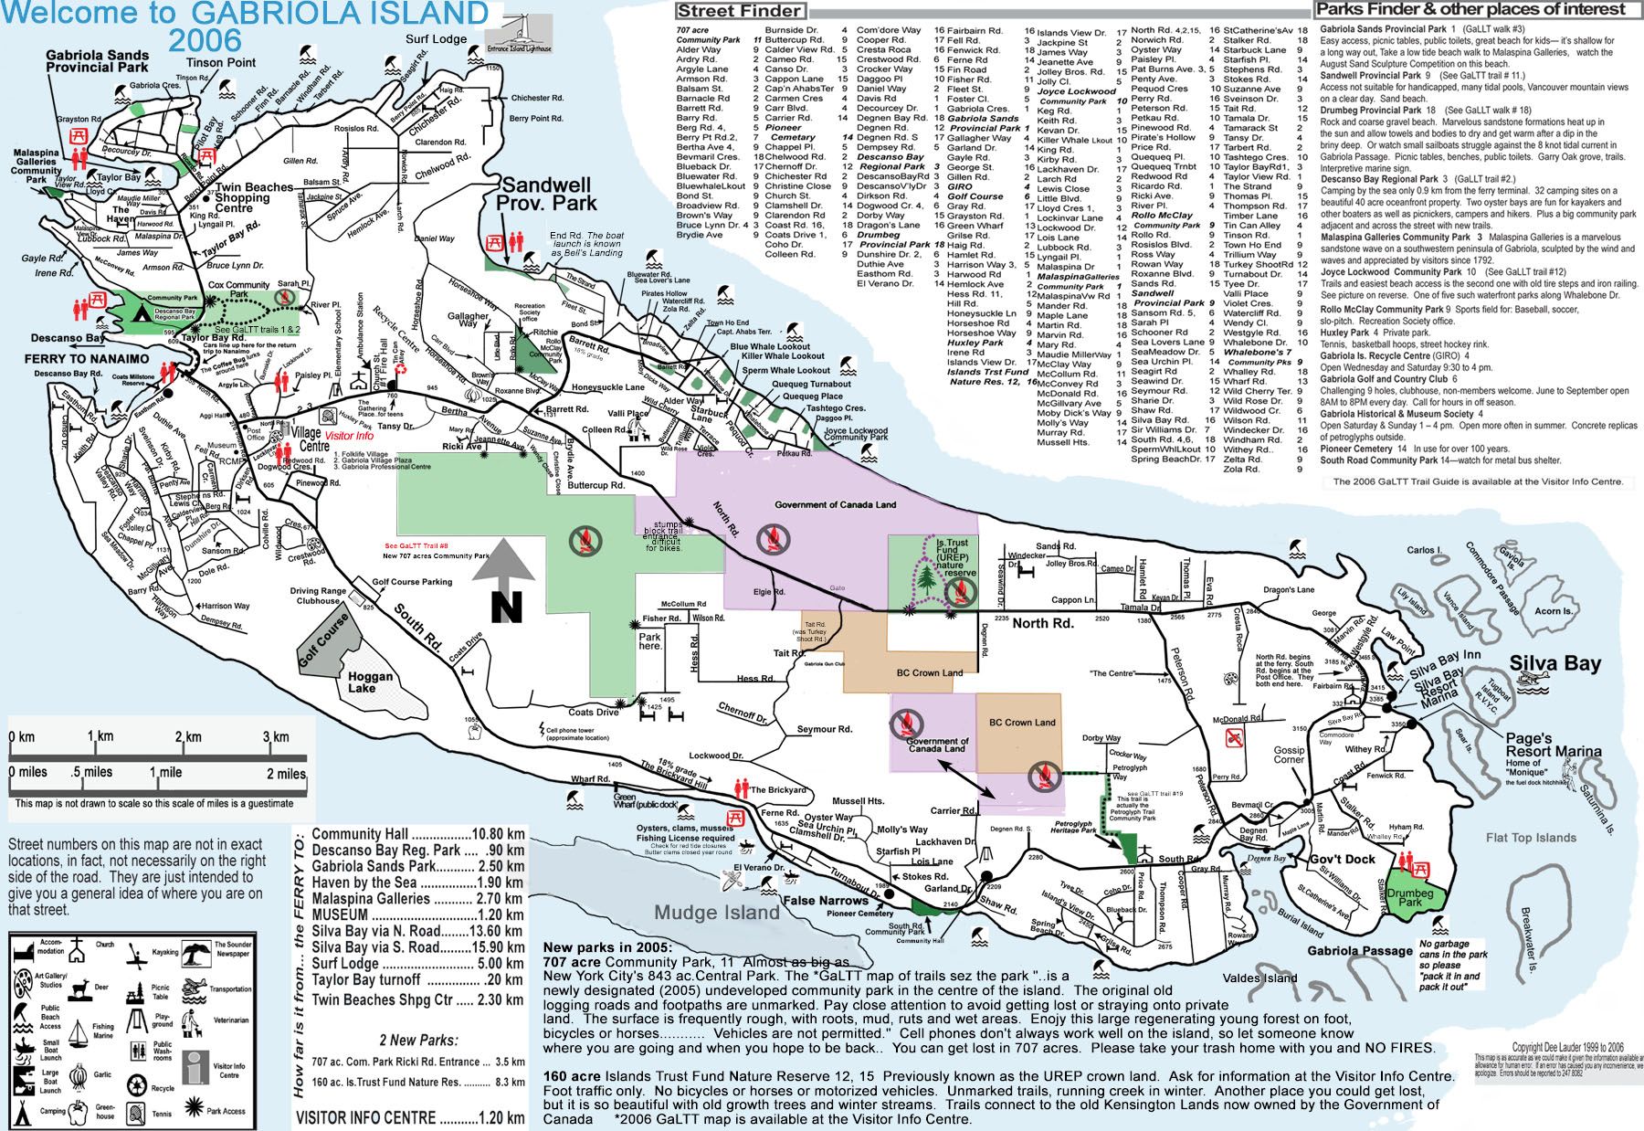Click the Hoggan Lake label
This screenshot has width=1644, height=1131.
click(x=371, y=682)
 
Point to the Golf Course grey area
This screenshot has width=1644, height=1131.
click(x=321, y=642)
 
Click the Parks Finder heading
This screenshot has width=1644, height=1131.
click(x=1470, y=10)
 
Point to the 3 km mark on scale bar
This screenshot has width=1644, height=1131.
click(x=276, y=736)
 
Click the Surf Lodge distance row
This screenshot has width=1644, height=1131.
click(x=417, y=964)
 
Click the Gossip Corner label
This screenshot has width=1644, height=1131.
click(x=1289, y=754)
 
